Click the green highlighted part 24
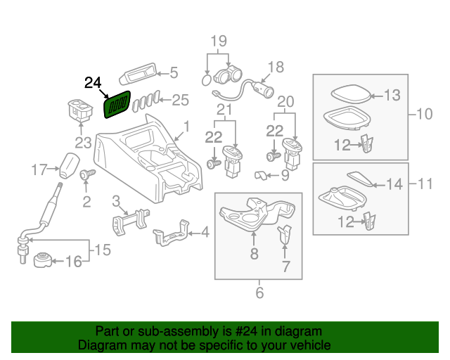pos(117,105)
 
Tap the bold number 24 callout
pos(93,83)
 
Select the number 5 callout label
pos(174,72)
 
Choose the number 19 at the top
pos(219,41)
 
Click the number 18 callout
pos(275,67)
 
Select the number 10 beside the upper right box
pos(425,113)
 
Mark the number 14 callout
pos(396,184)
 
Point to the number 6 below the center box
pos(259,292)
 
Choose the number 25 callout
pos(181,101)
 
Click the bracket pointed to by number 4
pos(169,233)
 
